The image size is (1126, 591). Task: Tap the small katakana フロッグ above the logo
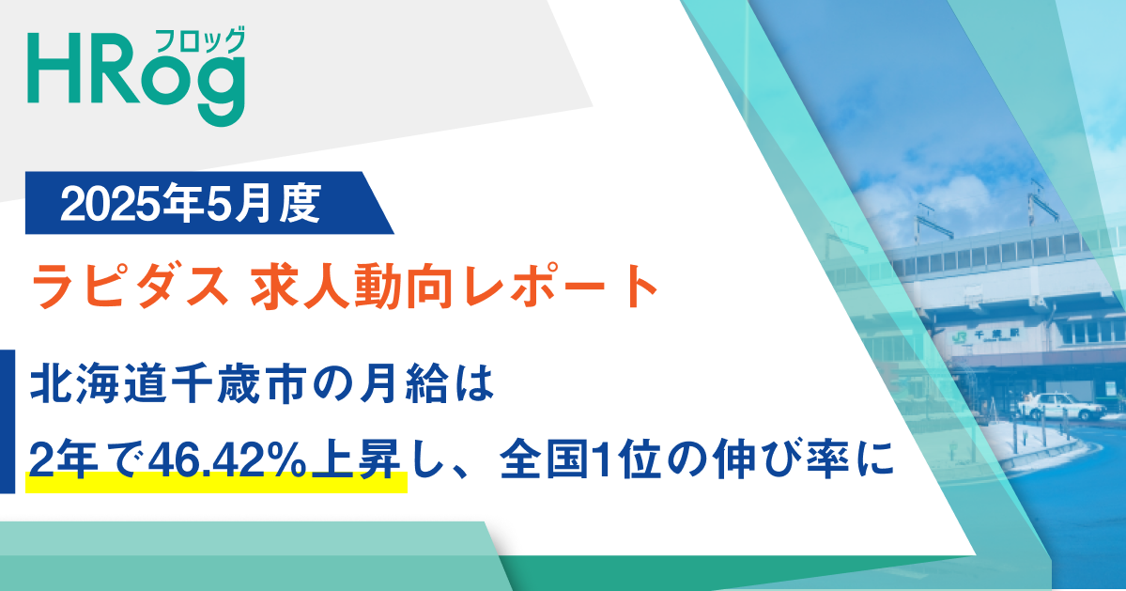pyautogui.click(x=214, y=40)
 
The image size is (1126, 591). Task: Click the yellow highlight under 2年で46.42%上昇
pyautogui.click(x=216, y=486)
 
